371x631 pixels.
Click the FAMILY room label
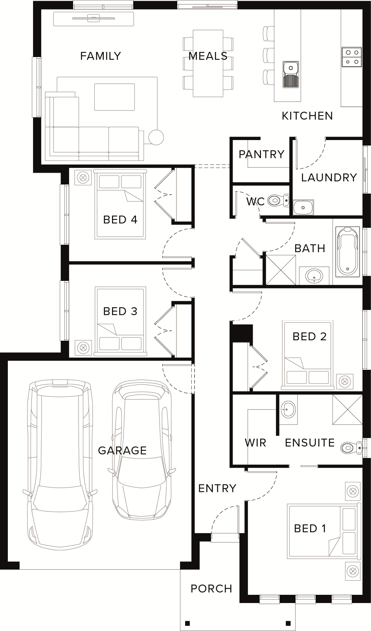(101, 56)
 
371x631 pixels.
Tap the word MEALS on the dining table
(208, 56)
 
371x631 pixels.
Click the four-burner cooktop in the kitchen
(352, 57)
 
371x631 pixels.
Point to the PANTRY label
(261, 154)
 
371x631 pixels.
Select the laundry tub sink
(303, 208)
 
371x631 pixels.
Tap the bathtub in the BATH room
(348, 252)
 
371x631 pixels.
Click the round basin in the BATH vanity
(314, 275)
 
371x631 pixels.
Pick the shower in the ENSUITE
(347, 409)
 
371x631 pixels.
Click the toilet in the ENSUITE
(351, 447)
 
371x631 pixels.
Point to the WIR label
(255, 443)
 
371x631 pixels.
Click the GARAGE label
(122, 450)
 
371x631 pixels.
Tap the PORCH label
(211, 589)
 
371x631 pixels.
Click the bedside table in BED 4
(83, 177)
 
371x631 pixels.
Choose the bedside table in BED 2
(345, 382)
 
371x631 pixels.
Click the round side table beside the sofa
(156, 137)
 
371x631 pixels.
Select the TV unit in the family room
(94, 19)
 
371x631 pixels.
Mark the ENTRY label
(217, 488)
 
